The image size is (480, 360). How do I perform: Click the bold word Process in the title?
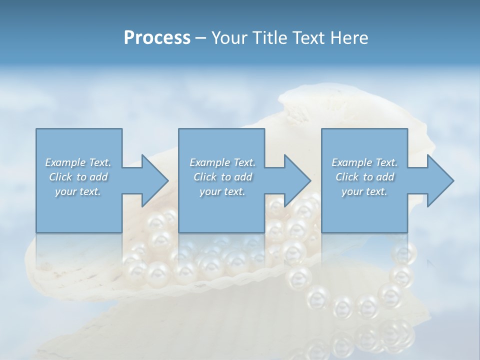coord(157,38)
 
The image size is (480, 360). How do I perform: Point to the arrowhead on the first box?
coord(152,180)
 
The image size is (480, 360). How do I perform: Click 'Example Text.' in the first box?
coord(78,162)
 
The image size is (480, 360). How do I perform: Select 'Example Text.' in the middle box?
coord(222,162)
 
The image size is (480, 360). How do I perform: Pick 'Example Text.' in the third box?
coord(364,162)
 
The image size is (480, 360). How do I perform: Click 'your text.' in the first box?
coord(78,192)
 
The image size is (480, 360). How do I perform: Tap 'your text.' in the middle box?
coord(222,192)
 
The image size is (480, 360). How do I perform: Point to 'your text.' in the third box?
coord(364,192)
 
